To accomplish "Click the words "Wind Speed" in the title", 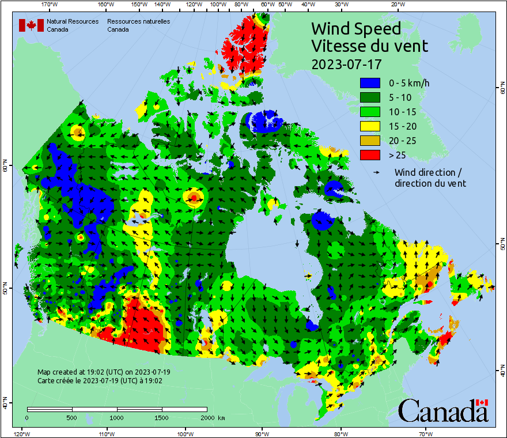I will click(x=355, y=29).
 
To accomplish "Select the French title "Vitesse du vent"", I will click(x=369, y=46).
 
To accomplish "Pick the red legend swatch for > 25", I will click(x=370, y=155).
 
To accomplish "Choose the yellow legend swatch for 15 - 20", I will click(x=370, y=126).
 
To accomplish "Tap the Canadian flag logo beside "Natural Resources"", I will click(x=31, y=25).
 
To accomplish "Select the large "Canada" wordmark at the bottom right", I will click(x=443, y=410).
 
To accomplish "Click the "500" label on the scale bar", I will click(x=71, y=417).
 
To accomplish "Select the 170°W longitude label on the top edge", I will click(x=50, y=5).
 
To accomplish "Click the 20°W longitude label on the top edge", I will click(x=396, y=5).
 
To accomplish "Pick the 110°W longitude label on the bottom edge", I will click(x=105, y=433).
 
